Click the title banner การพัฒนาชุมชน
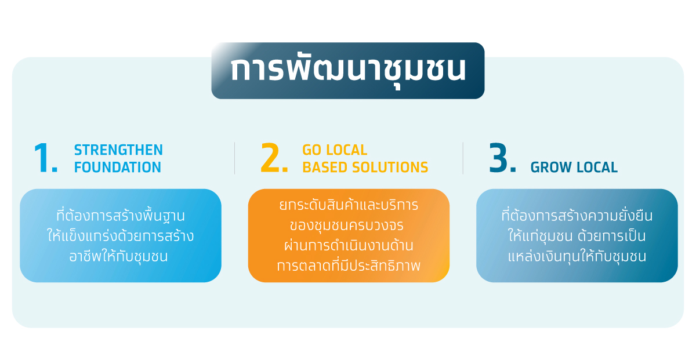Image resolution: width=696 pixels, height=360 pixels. [x=347, y=71]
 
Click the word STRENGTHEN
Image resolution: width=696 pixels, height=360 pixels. [x=118, y=150]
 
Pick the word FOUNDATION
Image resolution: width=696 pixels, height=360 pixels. [x=117, y=167]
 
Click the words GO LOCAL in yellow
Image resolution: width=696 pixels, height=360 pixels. [x=335, y=150]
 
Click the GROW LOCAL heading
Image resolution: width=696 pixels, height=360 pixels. [x=574, y=167]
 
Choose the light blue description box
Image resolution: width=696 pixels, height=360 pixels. [x=121, y=235]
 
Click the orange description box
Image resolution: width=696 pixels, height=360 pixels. [x=349, y=235]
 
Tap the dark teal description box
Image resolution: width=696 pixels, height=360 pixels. [x=577, y=235]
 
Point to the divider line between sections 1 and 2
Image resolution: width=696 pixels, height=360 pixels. [x=234, y=158]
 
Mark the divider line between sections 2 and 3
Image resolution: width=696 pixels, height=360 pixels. [x=463, y=158]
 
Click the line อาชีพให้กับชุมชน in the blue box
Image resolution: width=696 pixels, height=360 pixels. [x=118, y=257]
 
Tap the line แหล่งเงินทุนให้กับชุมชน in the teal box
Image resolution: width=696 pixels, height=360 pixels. [x=577, y=257]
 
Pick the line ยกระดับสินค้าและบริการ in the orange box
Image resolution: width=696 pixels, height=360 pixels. [x=349, y=205]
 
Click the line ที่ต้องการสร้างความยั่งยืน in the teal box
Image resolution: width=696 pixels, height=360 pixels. [x=577, y=216]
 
